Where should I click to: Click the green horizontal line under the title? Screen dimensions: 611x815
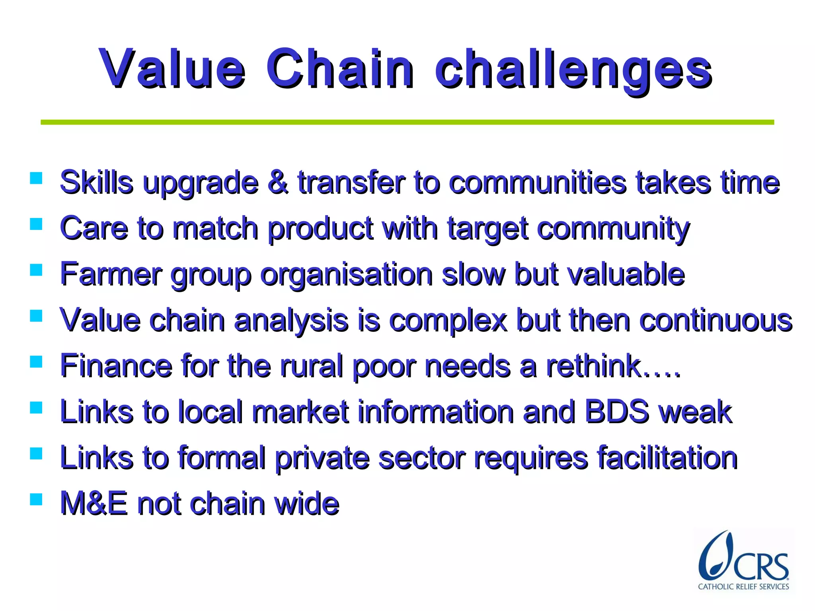407,122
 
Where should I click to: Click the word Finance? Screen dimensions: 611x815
116,366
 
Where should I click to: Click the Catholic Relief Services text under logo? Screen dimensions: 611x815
743,586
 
